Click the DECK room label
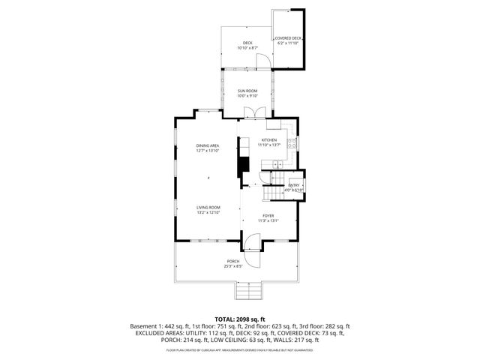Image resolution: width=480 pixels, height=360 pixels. [x=247, y=43]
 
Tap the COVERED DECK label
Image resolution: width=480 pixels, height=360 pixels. [x=287, y=38]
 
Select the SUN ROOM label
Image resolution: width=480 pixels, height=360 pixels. [x=247, y=91]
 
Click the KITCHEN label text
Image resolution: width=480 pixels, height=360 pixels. [x=268, y=140]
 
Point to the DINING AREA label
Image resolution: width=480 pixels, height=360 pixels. [x=208, y=145]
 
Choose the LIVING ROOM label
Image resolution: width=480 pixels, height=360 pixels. [x=208, y=208]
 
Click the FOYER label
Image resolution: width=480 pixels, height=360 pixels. [x=268, y=215]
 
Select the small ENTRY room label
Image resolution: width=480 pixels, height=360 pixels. [x=294, y=185]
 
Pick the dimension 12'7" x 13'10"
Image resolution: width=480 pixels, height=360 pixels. [x=208, y=151]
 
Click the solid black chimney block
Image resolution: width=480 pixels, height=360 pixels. [x=242, y=165]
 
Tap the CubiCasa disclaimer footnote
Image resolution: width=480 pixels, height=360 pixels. [x=240, y=350]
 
